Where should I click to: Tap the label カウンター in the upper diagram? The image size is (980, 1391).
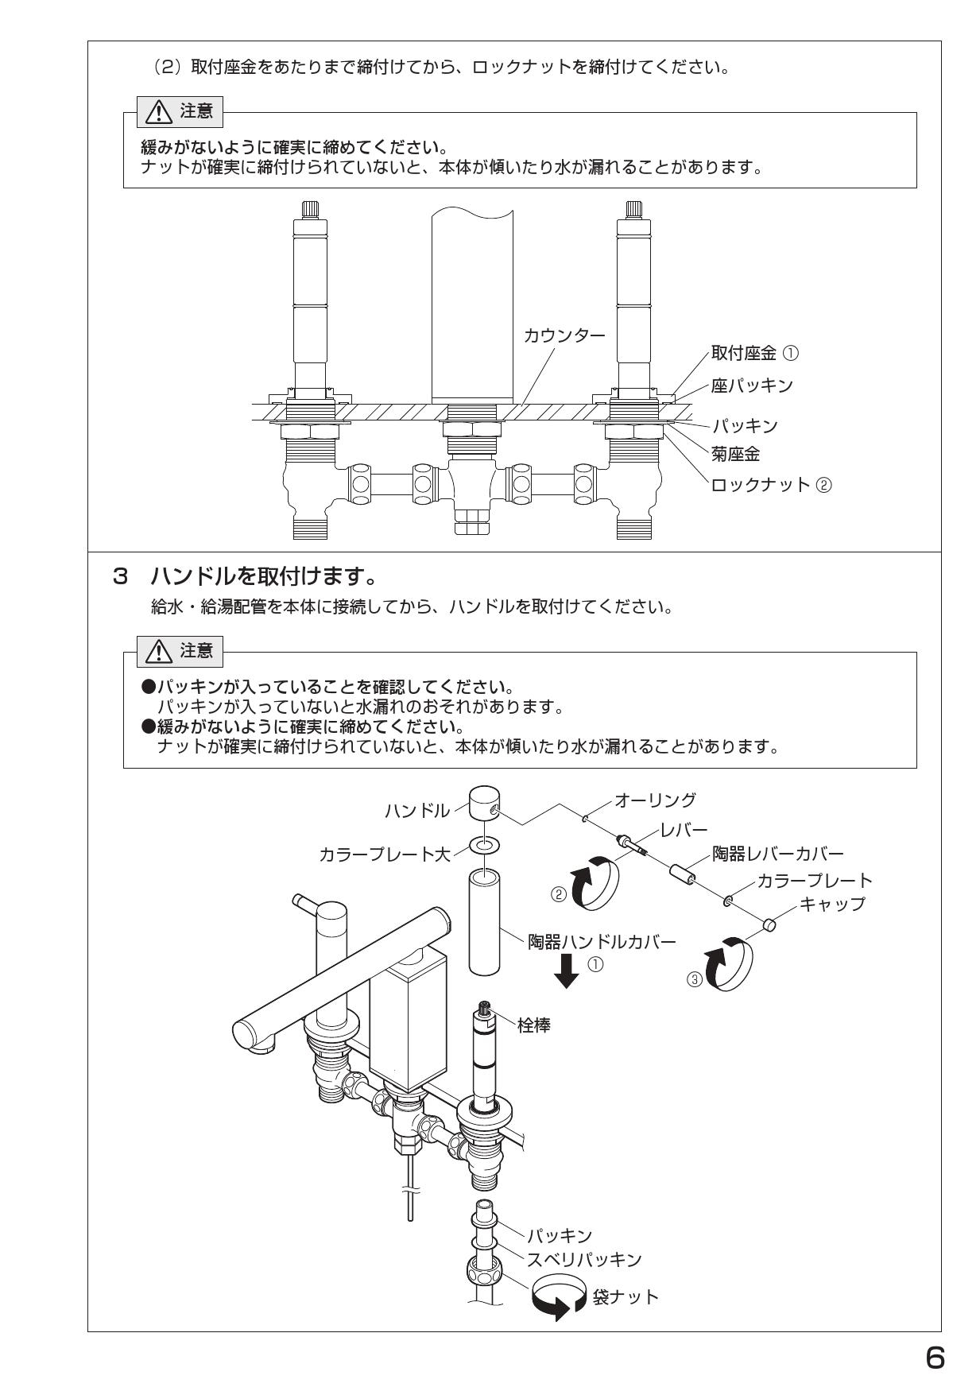[x=564, y=335]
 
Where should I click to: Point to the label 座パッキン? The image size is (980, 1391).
[x=751, y=386]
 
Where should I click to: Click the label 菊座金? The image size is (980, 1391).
[x=735, y=454]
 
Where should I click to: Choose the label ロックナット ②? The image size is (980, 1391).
[x=771, y=484]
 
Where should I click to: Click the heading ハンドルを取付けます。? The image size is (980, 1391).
[x=262, y=574]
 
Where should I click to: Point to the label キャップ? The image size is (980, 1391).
[x=831, y=903]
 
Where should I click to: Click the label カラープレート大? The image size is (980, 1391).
[x=385, y=854]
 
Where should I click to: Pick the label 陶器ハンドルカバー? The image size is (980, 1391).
[x=602, y=942]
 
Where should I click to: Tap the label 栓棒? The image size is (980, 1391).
[x=533, y=1025]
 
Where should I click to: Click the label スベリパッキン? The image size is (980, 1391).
[x=584, y=1260]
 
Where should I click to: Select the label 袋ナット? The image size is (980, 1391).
[x=626, y=1296]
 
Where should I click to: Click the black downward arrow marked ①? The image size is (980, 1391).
[x=567, y=971]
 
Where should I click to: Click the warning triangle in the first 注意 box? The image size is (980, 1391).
[x=159, y=112]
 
